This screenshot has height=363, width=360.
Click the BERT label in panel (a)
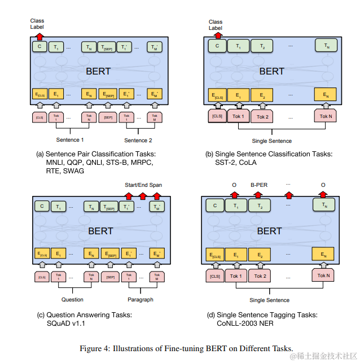pyautogui.click(x=98, y=71)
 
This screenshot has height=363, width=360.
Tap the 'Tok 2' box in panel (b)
pyautogui.click(x=262, y=117)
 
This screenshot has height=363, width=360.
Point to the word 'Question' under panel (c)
pyautogui.click(x=72, y=299)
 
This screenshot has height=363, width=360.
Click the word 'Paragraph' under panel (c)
pyautogui.click(x=139, y=299)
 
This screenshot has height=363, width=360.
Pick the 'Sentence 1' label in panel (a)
pyautogui.click(x=70, y=139)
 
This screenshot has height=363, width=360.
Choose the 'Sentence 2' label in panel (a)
pyautogui.click(x=138, y=139)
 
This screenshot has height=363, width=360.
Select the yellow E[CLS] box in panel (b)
pyautogui.click(x=217, y=95)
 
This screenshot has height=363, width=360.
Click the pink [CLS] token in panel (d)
pyautogui.click(x=216, y=276)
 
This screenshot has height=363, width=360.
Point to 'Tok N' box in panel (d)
pyautogui.click(x=323, y=275)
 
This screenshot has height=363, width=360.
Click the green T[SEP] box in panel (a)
pyautogui.click(x=107, y=48)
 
